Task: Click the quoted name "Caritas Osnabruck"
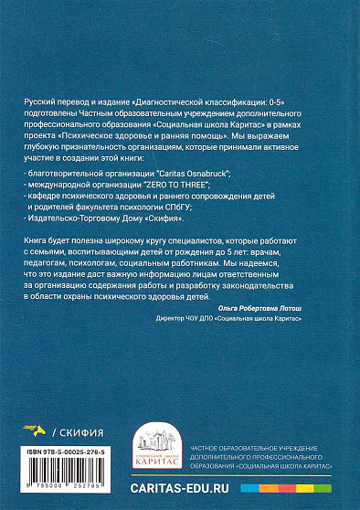tap(184, 172)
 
